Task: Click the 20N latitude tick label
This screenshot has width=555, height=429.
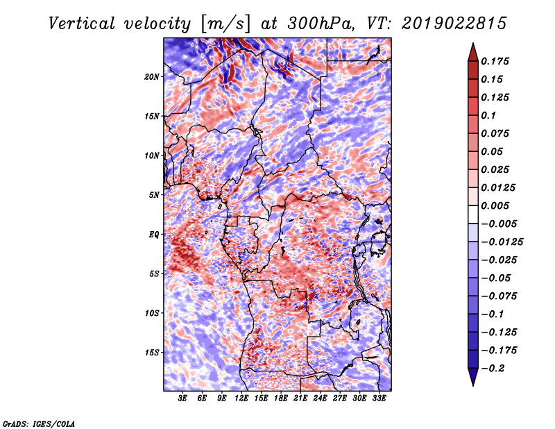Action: click(x=151, y=77)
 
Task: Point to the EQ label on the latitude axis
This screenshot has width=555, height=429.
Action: click(x=153, y=235)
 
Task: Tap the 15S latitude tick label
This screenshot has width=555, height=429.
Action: click(x=151, y=353)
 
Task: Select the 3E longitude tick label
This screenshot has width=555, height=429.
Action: click(x=182, y=398)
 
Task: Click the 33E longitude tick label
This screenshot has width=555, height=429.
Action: click(x=379, y=398)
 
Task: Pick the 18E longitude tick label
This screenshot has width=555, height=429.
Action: click(x=281, y=398)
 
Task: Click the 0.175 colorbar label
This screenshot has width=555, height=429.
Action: click(x=495, y=61)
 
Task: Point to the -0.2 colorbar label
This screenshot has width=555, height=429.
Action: click(x=493, y=369)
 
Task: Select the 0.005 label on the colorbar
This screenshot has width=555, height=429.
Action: click(x=495, y=205)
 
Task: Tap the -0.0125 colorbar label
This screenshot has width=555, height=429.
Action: click(x=502, y=242)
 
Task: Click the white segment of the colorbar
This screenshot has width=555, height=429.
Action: click(x=473, y=214)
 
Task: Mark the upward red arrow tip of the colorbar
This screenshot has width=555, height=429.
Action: click(x=473, y=44)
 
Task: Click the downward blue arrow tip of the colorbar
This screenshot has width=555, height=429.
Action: click(x=473, y=385)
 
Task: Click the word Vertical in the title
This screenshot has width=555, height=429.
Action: click(x=81, y=24)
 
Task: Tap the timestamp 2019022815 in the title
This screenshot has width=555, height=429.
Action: click(x=454, y=24)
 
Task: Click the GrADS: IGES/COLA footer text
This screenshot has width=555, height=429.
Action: click(x=39, y=423)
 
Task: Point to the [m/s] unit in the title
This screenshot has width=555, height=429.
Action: click(x=225, y=24)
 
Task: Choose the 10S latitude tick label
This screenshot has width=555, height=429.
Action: click(x=151, y=313)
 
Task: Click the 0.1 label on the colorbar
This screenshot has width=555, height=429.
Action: click(x=488, y=115)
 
